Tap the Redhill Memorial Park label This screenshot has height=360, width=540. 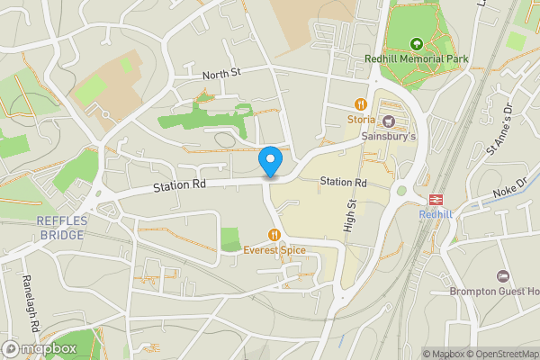click(417, 59)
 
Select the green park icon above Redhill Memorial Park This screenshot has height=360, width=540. click(417, 43)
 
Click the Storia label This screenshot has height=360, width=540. click(362, 119)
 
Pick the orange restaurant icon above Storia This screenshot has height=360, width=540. click(362, 103)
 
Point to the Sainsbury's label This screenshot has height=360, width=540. click(389, 137)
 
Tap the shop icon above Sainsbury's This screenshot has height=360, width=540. click(389, 121)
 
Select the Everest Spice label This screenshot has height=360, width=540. click(274, 250)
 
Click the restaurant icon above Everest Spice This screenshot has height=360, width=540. click(274, 234)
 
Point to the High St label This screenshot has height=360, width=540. click(351, 217)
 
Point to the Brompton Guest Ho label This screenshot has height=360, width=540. click(495, 291)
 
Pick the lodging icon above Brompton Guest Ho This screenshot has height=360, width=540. click(503, 274)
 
